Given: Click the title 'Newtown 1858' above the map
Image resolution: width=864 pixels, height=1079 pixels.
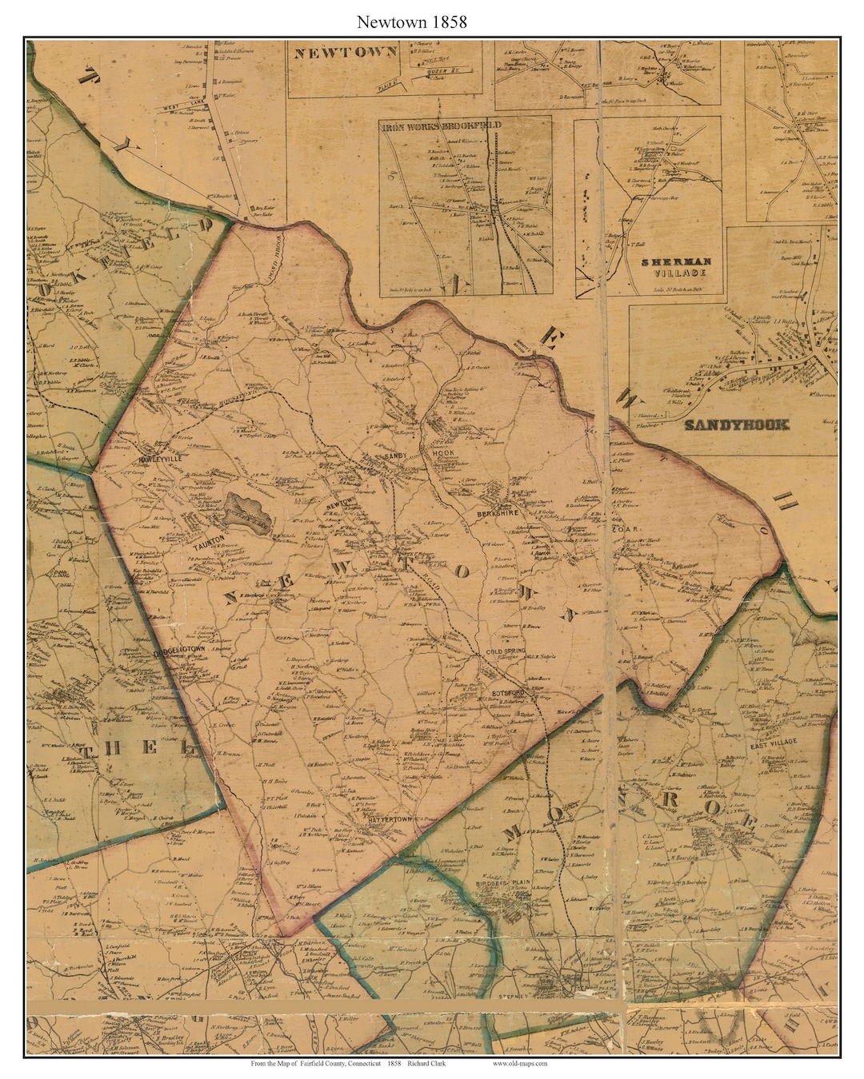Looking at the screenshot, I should tap(412, 22).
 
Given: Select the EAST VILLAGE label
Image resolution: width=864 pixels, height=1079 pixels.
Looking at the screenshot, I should tap(772, 745).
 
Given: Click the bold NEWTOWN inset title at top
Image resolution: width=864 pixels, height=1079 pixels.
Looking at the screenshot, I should tap(346, 54).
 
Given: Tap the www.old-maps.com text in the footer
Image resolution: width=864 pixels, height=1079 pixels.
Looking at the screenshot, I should tap(520, 1063).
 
